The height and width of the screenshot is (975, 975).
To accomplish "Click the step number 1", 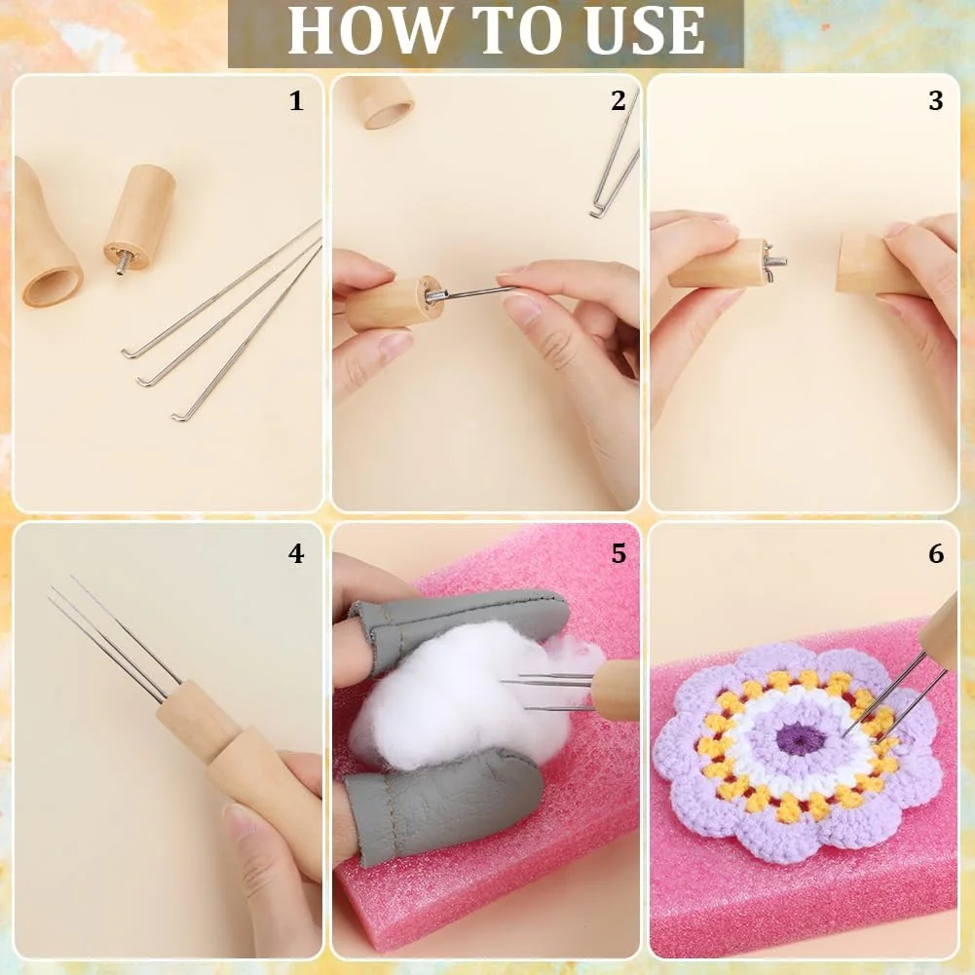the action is pyautogui.click(x=297, y=100).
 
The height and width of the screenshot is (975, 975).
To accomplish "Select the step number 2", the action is pyautogui.click(x=619, y=100).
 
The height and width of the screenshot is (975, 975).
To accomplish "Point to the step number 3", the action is pyautogui.click(x=936, y=100).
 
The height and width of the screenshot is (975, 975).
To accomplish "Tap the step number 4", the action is pyautogui.click(x=297, y=553).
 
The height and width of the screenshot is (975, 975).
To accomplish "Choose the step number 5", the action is pyautogui.click(x=619, y=553).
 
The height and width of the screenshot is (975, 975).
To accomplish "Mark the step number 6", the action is pyautogui.click(x=936, y=553).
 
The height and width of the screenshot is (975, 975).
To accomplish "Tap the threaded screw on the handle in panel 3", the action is pyautogui.click(x=774, y=261).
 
